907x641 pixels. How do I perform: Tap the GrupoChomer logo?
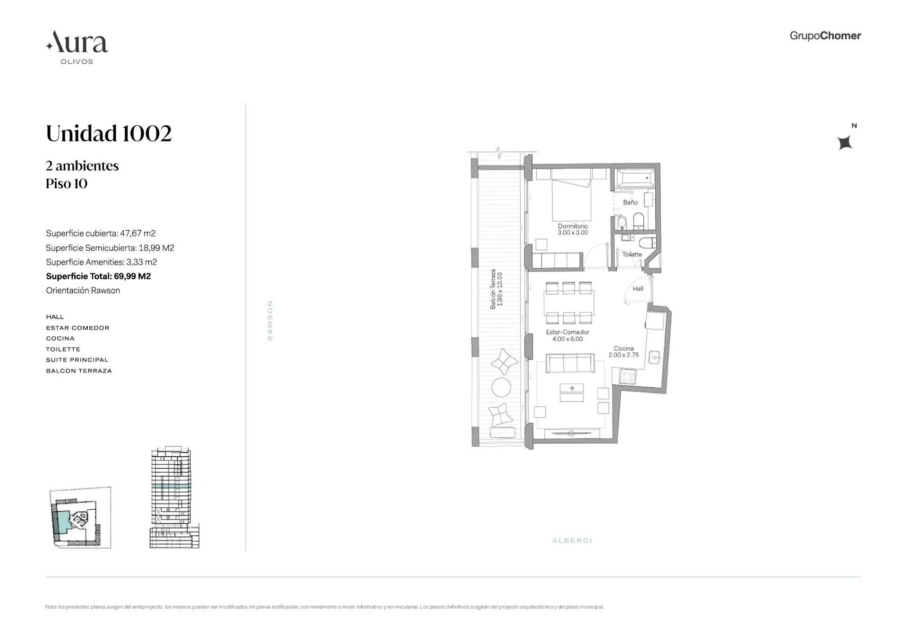pos(825,36)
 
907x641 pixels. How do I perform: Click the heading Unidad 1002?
pos(109,133)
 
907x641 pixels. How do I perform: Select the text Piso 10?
pos(67,184)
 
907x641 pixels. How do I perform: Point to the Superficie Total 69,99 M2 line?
pos(98,276)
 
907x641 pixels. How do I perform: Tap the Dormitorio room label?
pos(573,229)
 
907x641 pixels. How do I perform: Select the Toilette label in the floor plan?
pos(632,255)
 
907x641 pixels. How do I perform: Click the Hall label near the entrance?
pos(638,289)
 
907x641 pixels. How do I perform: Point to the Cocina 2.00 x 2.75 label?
pos(624,352)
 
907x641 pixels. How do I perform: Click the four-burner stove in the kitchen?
pos(628,376)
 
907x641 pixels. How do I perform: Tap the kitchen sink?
pos(654,357)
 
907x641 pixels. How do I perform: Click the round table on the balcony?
pos(501,388)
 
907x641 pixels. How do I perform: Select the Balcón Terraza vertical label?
pos(496,289)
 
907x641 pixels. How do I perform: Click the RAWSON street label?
pos(270,320)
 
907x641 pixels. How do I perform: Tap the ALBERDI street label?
pos(572,540)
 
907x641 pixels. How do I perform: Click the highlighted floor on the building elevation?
pos(171,486)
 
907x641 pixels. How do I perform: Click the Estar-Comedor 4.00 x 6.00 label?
pos(567,335)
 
